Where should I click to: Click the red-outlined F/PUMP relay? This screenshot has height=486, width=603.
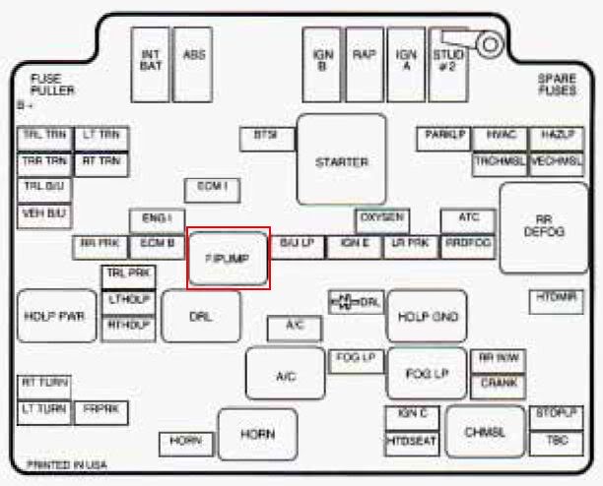click(x=229, y=259)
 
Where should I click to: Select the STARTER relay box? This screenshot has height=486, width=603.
click(x=342, y=162)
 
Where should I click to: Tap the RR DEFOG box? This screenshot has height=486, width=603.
click(x=544, y=226)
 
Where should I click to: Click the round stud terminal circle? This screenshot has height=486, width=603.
click(x=489, y=43)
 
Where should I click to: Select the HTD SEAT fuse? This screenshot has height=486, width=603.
click(x=411, y=442)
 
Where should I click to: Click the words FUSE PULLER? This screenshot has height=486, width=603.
click(x=52, y=85)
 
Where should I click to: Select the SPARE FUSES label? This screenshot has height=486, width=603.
click(x=557, y=85)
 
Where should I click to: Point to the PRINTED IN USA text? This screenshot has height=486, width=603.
click(x=66, y=463)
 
